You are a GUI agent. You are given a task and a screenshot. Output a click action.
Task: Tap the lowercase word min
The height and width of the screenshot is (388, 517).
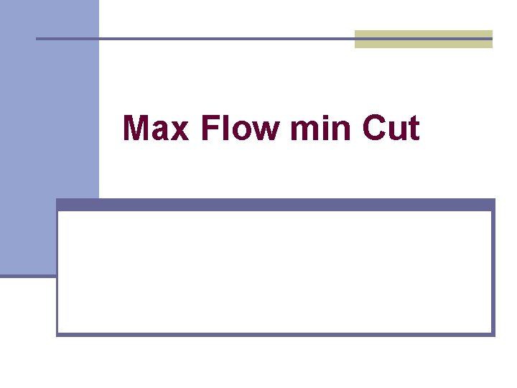click(320, 129)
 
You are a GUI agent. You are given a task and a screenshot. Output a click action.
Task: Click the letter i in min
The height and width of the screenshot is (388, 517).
click(321, 129)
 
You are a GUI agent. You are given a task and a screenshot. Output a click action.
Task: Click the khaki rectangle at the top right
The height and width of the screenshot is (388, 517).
click(424, 39)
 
